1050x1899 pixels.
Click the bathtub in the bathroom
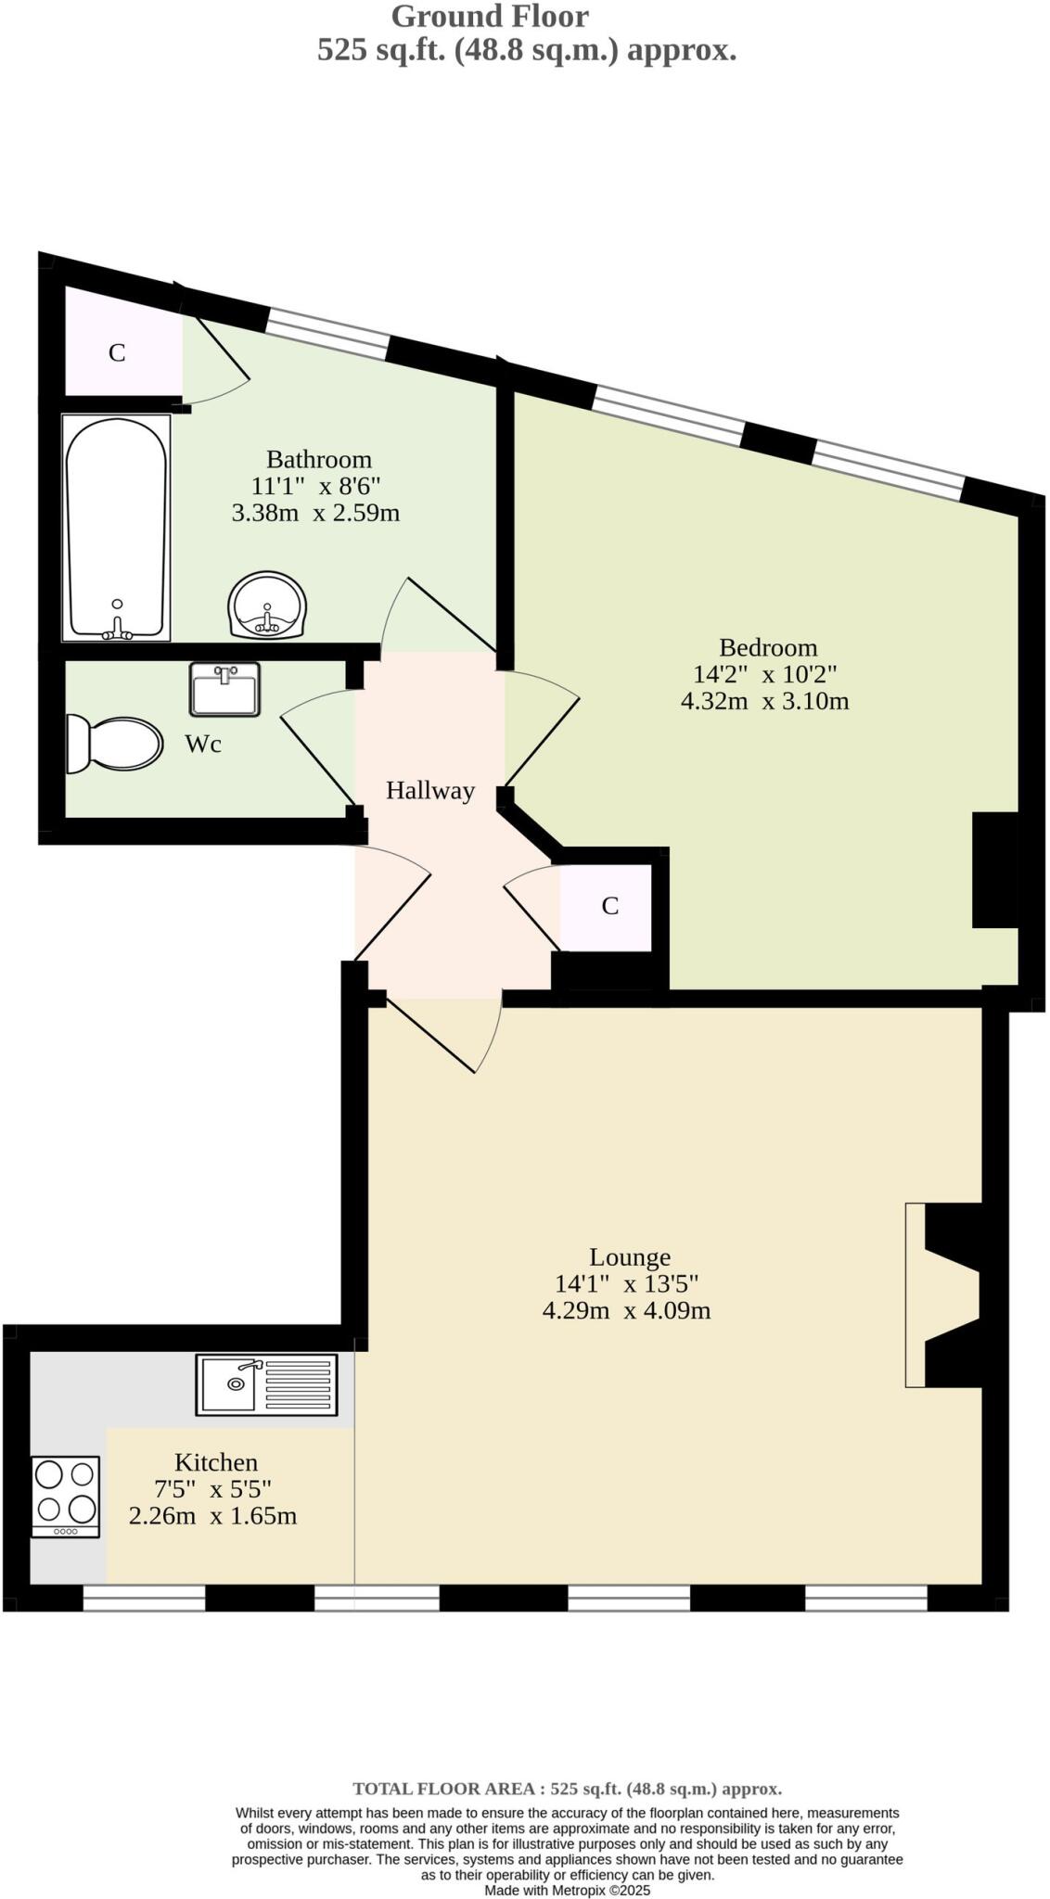[117, 527]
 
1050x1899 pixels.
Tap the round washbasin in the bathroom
[267, 605]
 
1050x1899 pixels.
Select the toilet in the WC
[115, 744]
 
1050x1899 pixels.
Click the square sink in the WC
[224, 689]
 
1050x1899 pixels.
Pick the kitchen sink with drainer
[266, 1384]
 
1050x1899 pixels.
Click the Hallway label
[429, 791]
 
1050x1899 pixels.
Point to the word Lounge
[630, 1257]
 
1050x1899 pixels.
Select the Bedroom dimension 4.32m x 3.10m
[764, 701]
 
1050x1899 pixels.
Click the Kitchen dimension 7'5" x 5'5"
[212, 1489]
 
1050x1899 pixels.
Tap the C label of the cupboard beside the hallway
[609, 906]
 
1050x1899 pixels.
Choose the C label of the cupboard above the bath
[117, 353]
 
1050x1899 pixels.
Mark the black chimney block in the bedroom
[994, 870]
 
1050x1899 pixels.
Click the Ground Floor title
[489, 17]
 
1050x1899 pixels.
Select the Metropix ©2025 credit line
[567, 1890]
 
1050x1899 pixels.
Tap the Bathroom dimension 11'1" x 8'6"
[315, 486]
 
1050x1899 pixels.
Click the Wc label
[203, 745]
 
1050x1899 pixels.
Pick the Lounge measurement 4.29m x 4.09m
[626, 1311]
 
